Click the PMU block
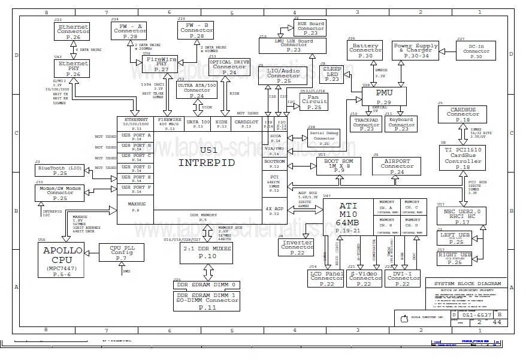click(384, 97)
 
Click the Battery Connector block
click(365, 51)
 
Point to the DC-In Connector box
click(476, 51)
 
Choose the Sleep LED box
click(332, 74)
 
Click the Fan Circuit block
click(314, 102)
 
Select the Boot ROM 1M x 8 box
click(338, 166)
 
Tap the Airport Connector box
click(397, 166)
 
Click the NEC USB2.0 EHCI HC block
click(462, 216)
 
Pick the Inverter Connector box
click(297, 247)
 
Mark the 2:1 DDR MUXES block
click(207, 252)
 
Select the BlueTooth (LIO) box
click(59, 170)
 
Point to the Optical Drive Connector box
click(229, 68)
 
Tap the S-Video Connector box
click(364, 278)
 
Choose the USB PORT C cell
click(135, 156)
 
